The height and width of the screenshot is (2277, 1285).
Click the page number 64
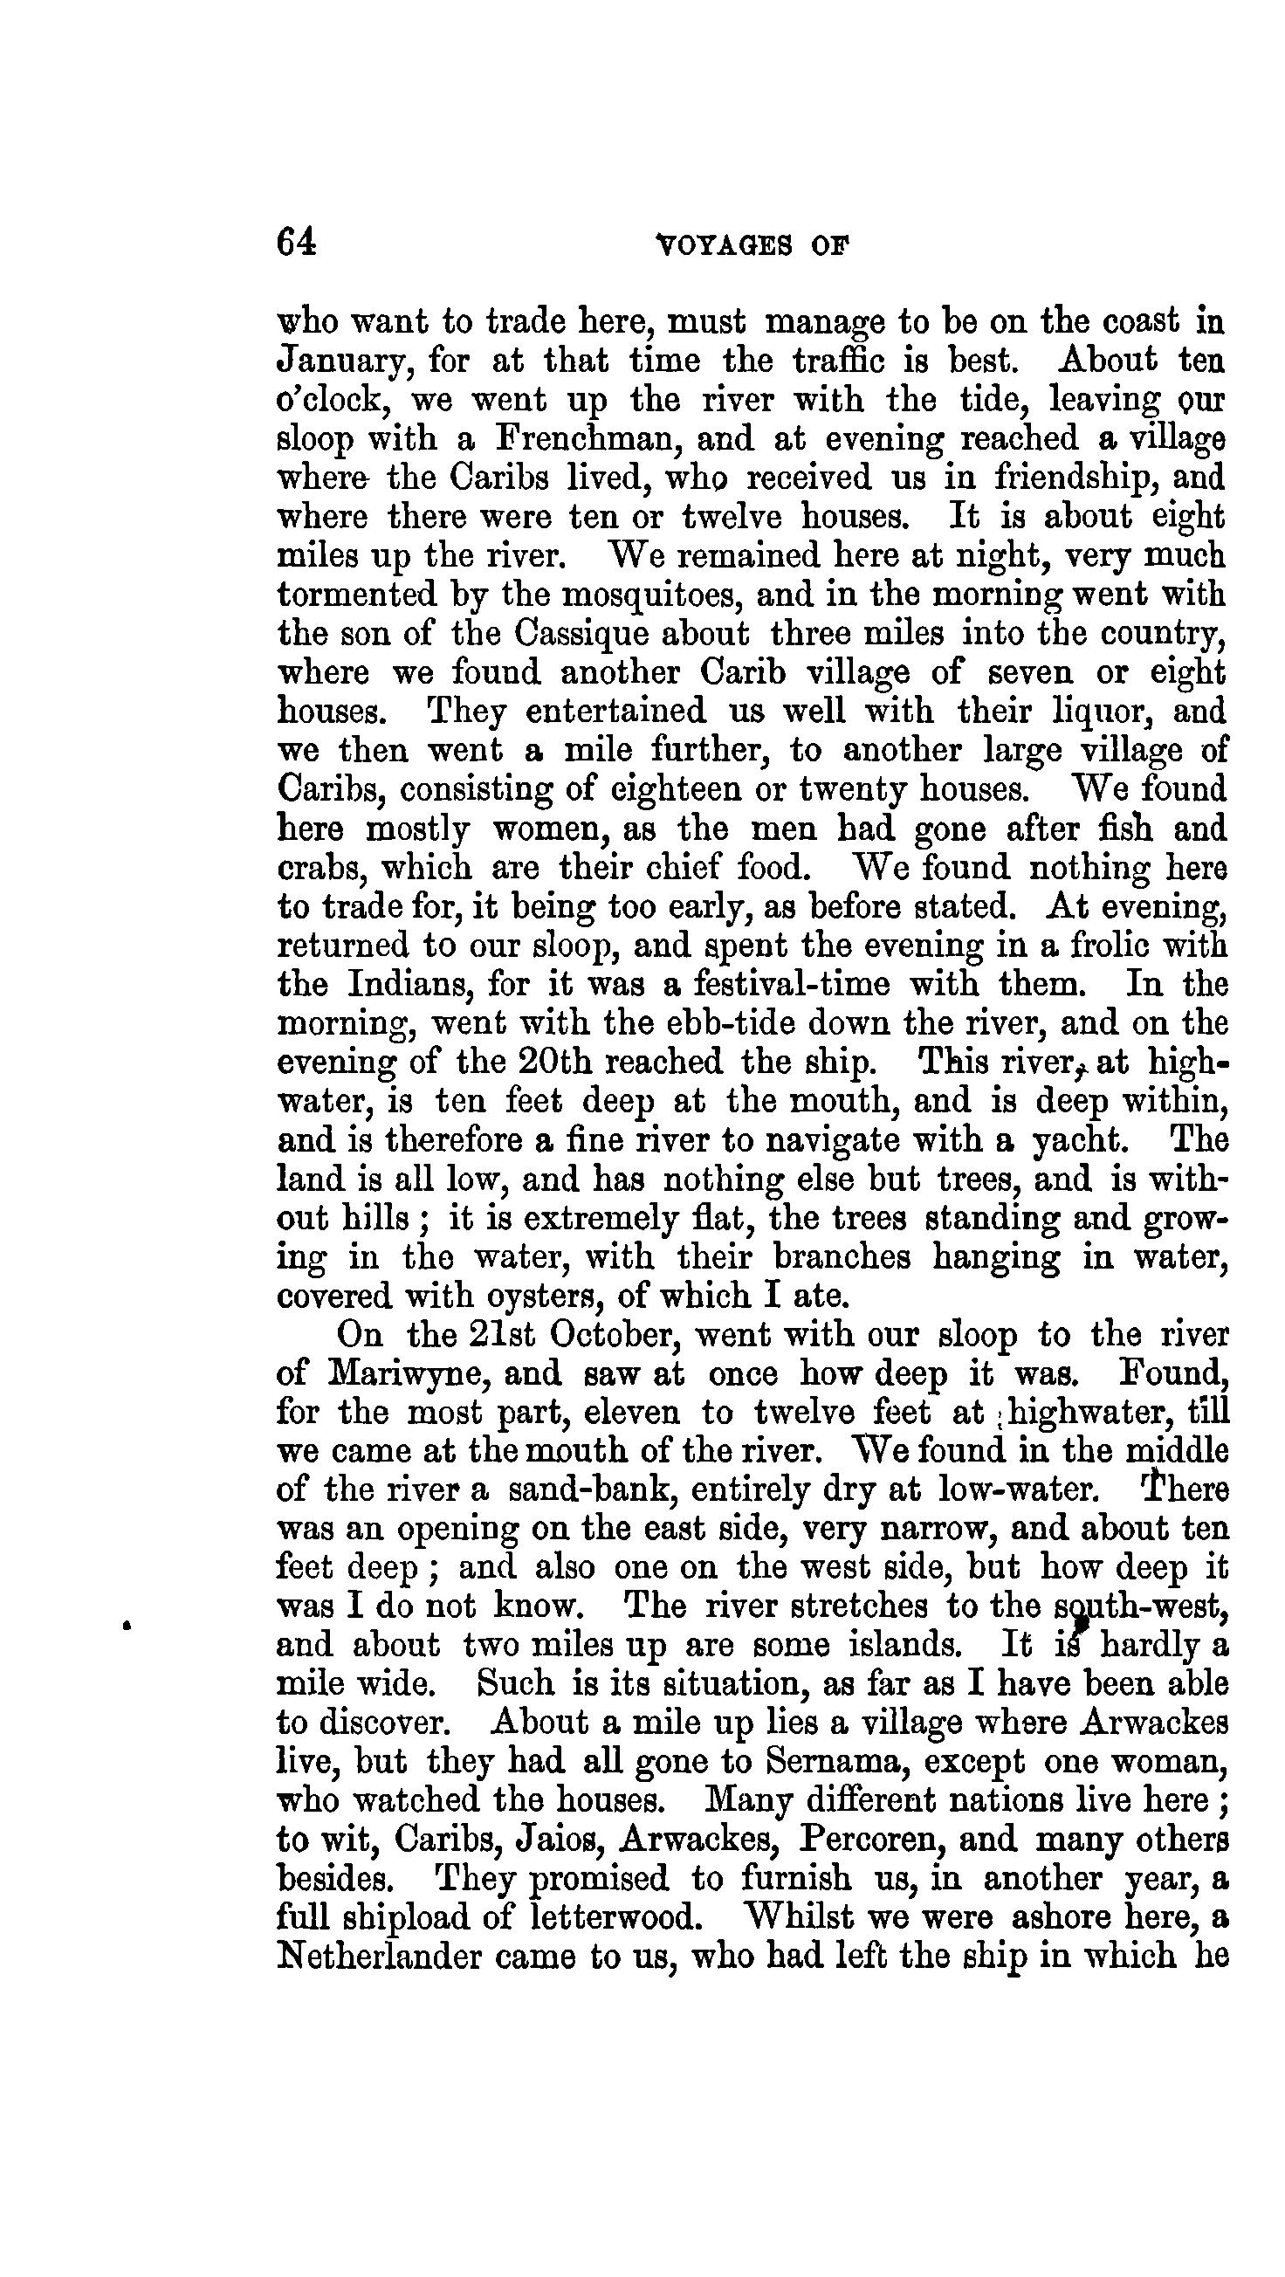[296, 241]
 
